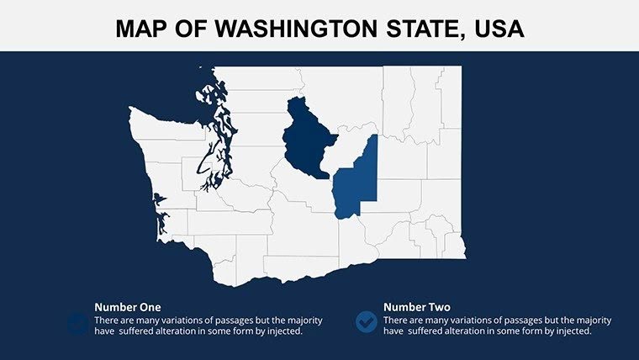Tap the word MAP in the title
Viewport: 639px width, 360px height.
pos(141,29)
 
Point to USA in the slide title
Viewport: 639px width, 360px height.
pos(499,29)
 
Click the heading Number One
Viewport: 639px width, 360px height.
pos(128,307)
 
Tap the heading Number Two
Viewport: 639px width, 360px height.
pos(416,307)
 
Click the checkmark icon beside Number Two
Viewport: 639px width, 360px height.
pos(367,321)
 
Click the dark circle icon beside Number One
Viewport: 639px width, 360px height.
pos(77,321)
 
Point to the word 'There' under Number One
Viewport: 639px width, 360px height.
pos(107,320)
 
